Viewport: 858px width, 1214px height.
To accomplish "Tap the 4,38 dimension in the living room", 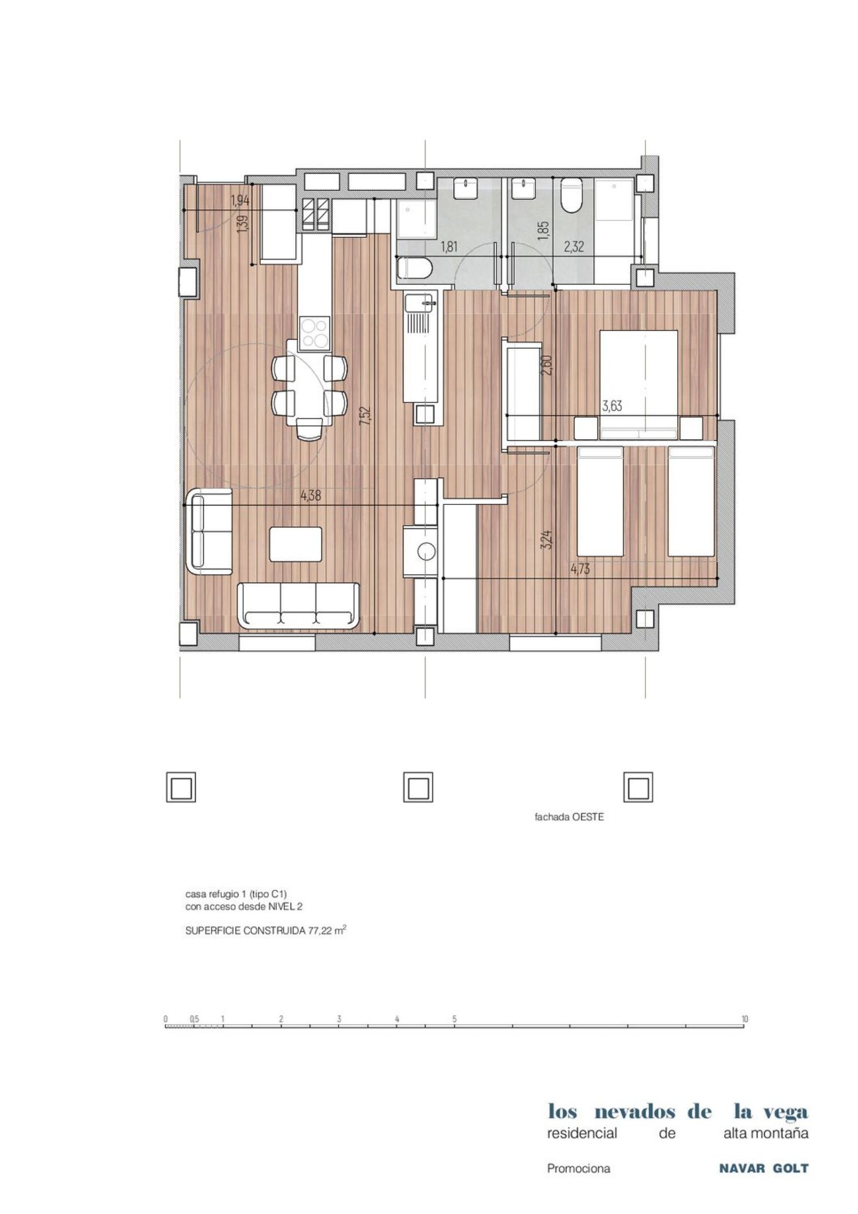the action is tap(311, 496).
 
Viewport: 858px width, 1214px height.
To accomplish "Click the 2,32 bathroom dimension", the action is tap(574, 247).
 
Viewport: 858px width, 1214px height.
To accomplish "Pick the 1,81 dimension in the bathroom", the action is tap(449, 247).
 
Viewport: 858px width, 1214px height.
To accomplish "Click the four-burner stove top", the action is tap(315, 333).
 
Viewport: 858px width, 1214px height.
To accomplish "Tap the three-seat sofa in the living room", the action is tap(298, 605).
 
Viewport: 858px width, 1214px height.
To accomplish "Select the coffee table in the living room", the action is tap(296, 544).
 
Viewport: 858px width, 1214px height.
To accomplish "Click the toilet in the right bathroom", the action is tap(571, 195).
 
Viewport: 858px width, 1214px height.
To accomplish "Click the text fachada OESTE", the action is tap(569, 817).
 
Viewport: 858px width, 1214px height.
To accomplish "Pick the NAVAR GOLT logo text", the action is tap(764, 1169).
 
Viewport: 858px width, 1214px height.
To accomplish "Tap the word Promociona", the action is tap(578, 1169).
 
